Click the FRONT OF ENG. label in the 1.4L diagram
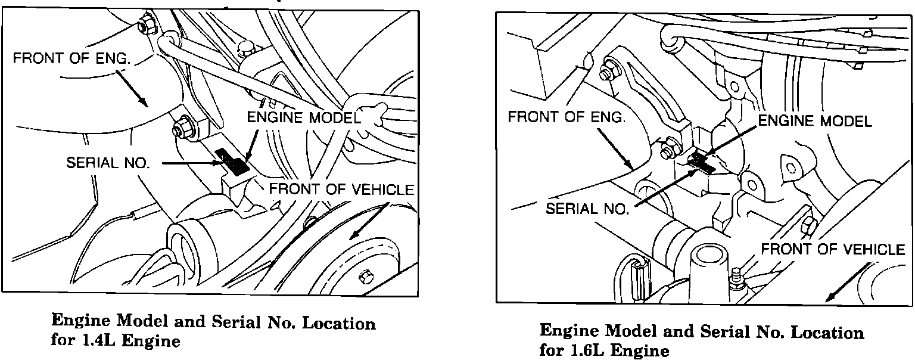pyautogui.click(x=72, y=59)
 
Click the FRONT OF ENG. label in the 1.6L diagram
pyautogui.click(x=567, y=117)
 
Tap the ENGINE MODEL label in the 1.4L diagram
pyautogui.click(x=304, y=118)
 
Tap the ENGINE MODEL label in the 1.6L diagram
pyautogui.click(x=814, y=121)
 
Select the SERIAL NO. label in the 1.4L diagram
pyautogui.click(x=107, y=163)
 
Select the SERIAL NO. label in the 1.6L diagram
pyautogui.click(x=587, y=209)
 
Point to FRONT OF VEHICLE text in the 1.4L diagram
pyautogui.click(x=341, y=190)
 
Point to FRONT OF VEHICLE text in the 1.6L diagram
pyautogui.click(x=833, y=249)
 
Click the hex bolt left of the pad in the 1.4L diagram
pyautogui.click(x=180, y=129)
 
